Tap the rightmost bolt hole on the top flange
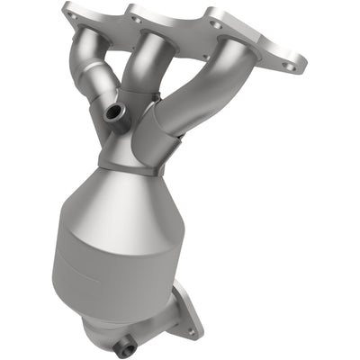coord(288,65)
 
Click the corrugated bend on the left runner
coord(90,90)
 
